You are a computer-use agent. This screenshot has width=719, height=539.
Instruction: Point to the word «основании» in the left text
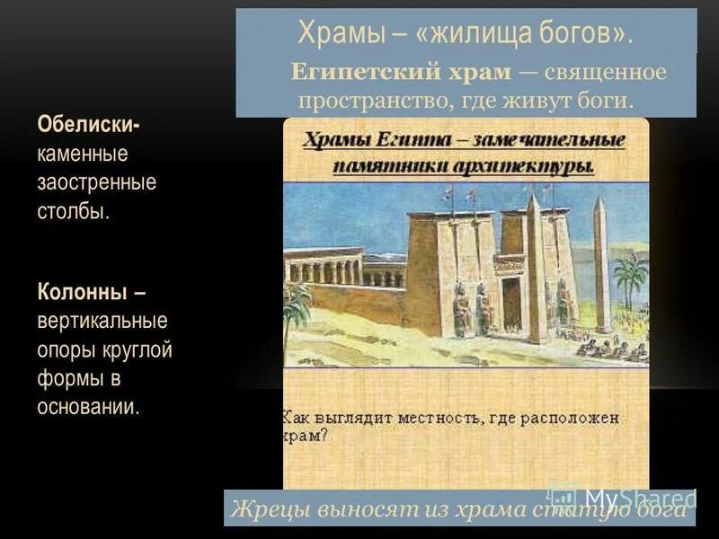(x=87, y=406)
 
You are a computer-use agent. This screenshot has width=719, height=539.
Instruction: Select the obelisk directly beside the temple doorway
(x=534, y=269)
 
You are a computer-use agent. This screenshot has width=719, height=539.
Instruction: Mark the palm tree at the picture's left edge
(x=296, y=310)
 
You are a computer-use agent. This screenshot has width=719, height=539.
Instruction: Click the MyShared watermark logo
(x=620, y=497)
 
